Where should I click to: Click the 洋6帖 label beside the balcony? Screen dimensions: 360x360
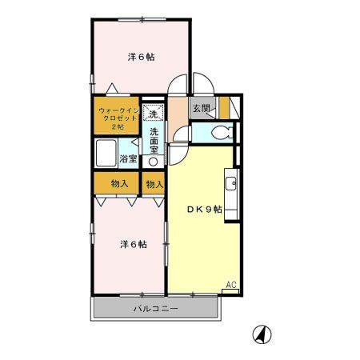tap(134, 244)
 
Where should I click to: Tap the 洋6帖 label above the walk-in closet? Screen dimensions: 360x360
tap(142, 56)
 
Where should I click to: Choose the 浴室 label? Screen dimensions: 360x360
tap(129, 158)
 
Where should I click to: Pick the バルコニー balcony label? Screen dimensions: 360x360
tap(155, 309)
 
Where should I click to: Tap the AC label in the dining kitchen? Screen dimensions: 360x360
tap(230, 285)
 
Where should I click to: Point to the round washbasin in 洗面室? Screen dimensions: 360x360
tap(154, 160)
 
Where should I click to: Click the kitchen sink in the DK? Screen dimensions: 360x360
tap(232, 184)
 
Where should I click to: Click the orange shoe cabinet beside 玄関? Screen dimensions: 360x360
tap(224, 107)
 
